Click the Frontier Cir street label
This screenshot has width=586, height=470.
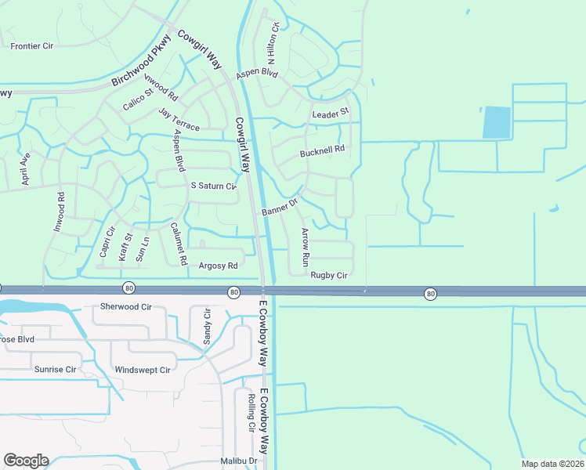click(31, 46)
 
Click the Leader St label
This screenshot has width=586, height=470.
click(330, 114)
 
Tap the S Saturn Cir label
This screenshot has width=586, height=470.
click(213, 186)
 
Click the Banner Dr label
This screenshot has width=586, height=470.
click(280, 207)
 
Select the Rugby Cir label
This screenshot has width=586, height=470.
click(328, 275)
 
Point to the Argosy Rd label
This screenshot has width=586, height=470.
click(218, 266)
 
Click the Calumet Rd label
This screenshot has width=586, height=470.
click(179, 243)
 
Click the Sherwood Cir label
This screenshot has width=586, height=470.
click(125, 307)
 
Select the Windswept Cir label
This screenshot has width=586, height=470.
click(142, 370)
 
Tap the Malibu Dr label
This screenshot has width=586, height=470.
click(238, 461)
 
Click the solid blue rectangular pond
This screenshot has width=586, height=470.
click(496, 123)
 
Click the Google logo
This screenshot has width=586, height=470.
click(26, 461)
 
